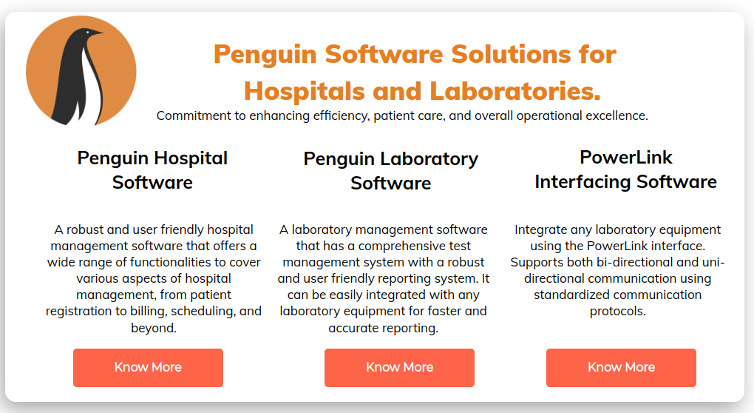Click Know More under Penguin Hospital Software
pyautogui.click(x=148, y=367)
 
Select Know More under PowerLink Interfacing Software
pyautogui.click(x=621, y=367)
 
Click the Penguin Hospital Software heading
pyautogui.click(x=152, y=169)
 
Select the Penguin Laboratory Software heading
pyautogui.click(x=391, y=170)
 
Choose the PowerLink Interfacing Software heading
pyautogui.click(x=625, y=169)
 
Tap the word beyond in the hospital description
pyautogui.click(x=153, y=327)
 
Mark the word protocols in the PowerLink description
pyautogui.click(x=618, y=311)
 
